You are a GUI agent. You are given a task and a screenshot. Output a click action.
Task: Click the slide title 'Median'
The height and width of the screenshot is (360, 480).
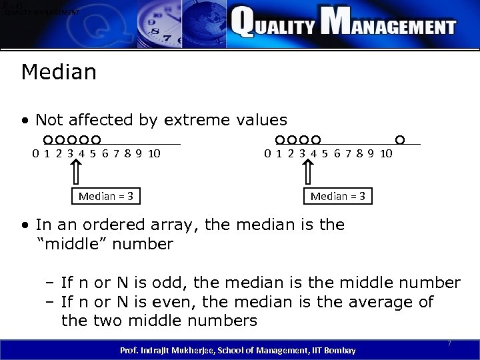click(59, 71)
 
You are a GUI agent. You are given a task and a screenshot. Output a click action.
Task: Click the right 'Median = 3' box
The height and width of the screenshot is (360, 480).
click(337, 196)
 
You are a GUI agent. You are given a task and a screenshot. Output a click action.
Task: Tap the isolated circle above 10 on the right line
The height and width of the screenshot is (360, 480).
click(400, 140)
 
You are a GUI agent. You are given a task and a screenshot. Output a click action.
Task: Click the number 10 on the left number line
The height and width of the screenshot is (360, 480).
click(153, 154)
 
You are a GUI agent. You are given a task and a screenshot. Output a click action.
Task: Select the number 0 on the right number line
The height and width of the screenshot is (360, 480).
click(267, 154)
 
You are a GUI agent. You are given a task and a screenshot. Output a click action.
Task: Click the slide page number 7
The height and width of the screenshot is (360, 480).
click(449, 343)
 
